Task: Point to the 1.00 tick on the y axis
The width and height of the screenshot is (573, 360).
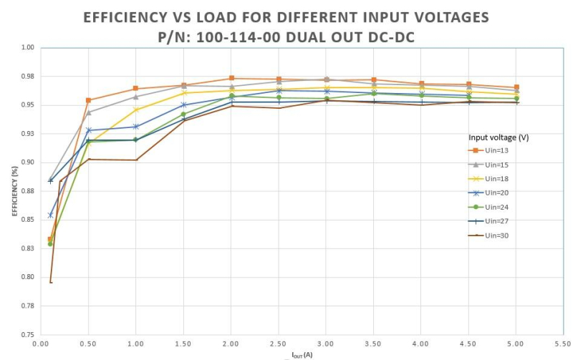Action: tap(27, 48)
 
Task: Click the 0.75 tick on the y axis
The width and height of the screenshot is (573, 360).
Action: tap(27, 334)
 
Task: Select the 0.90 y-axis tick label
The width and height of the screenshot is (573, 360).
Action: tap(27, 162)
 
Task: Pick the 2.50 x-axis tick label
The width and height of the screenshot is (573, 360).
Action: tap(279, 344)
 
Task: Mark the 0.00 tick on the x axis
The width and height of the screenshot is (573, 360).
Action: tap(40, 344)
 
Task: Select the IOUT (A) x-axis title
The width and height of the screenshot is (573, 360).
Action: tap(302, 355)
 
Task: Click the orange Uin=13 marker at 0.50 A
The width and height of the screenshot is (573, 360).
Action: tap(88, 100)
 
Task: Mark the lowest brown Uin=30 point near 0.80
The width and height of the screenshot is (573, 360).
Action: tap(51, 282)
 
